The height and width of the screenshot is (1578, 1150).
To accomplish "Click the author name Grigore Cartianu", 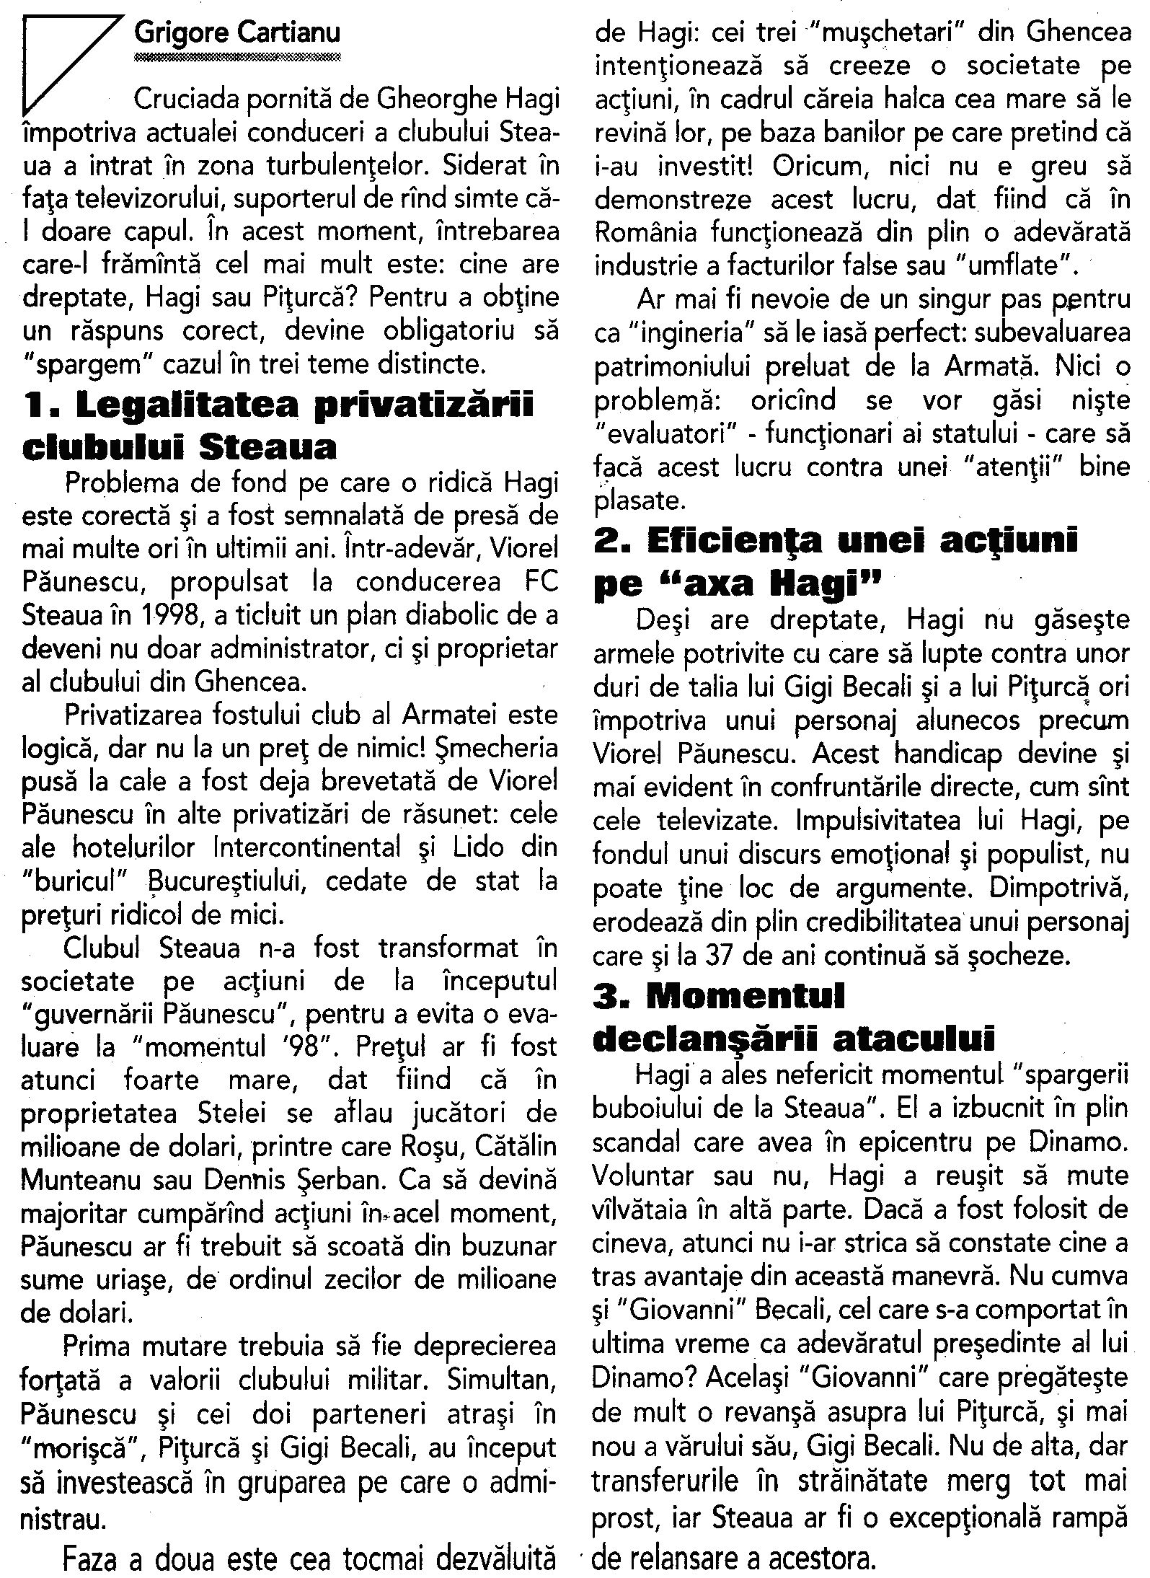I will (237, 32).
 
